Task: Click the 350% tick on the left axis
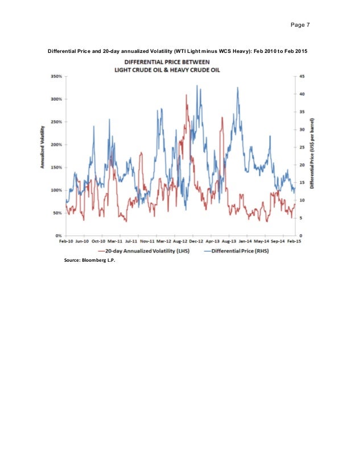[56, 76]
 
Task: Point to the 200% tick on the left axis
[56, 145]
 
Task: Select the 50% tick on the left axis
[56, 213]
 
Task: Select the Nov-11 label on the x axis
[148, 241]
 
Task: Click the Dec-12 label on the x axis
[197, 241]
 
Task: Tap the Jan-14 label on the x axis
[246, 241]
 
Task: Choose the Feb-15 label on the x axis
[295, 241]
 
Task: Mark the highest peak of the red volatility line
[186, 95]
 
